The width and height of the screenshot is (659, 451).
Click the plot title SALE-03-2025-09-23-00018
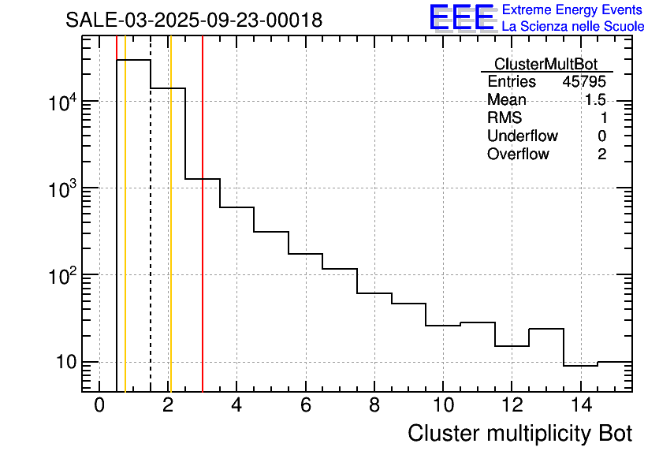pyautogui.click(x=194, y=20)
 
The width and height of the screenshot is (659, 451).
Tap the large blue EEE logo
pyautogui.click(x=462, y=17)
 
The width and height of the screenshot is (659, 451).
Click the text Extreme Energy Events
pyautogui.click(x=573, y=10)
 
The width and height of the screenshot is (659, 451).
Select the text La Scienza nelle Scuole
pyautogui.click(x=573, y=27)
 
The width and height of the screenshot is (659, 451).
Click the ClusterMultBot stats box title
pyautogui.click(x=545, y=64)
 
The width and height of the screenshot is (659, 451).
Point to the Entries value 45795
pyautogui.click(x=584, y=82)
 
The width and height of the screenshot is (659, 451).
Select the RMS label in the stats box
pyautogui.click(x=504, y=118)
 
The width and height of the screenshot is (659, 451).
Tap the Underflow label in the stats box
pyautogui.click(x=522, y=136)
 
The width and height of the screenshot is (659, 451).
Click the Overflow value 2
pyautogui.click(x=601, y=155)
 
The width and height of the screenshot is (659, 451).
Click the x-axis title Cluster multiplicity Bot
pyautogui.click(x=520, y=434)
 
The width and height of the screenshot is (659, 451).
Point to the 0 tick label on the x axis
pyautogui.click(x=99, y=406)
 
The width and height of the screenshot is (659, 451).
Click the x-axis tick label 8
pyautogui.click(x=374, y=406)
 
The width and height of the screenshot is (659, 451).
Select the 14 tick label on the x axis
pyautogui.click(x=580, y=406)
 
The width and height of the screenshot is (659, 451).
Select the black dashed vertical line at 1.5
pyautogui.click(x=151, y=237)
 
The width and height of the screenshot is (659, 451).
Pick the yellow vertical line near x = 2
pyautogui.click(x=170, y=237)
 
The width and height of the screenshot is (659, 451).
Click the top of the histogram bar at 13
pyautogui.click(x=545, y=329)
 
